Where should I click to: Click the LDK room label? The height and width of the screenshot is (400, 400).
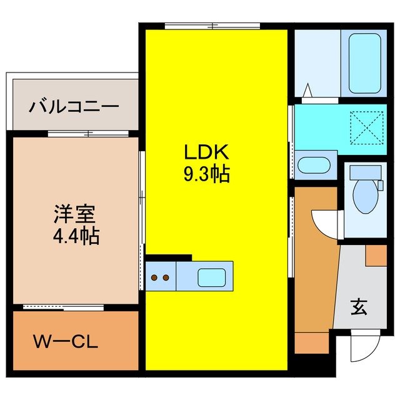206,152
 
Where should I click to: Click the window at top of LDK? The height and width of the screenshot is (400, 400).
212,26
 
